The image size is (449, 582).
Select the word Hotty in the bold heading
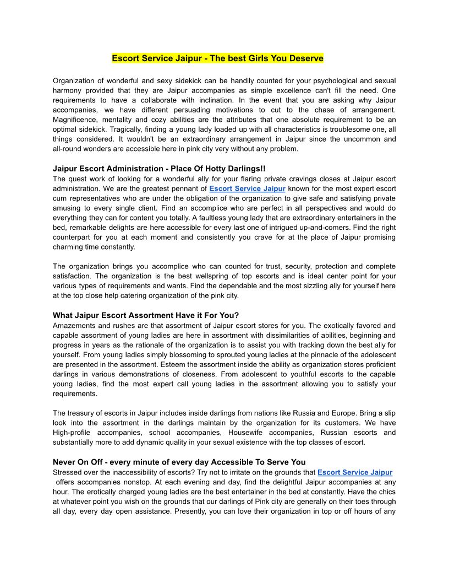(202, 169)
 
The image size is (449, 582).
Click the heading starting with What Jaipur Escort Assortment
(146, 315)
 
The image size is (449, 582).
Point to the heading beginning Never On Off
(179, 462)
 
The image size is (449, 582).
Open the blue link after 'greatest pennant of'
(247, 188)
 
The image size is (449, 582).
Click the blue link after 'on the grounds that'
(355, 472)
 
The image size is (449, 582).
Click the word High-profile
(75, 433)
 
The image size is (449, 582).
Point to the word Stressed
(68, 472)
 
